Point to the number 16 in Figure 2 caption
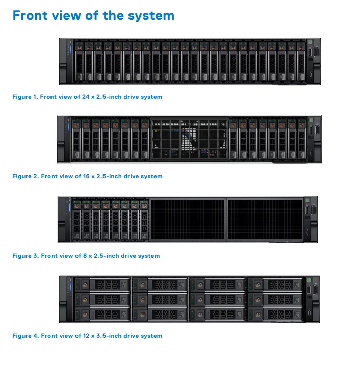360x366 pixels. tap(86, 176)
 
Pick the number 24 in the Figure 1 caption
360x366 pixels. tap(86, 97)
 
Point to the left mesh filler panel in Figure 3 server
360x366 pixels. tap(188, 220)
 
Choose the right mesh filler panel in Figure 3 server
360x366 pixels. tap(264, 220)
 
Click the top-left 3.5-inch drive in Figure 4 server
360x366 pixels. tap(102, 284)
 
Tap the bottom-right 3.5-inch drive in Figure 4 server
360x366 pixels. tap(275, 312)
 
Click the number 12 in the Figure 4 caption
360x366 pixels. tap(86, 336)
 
